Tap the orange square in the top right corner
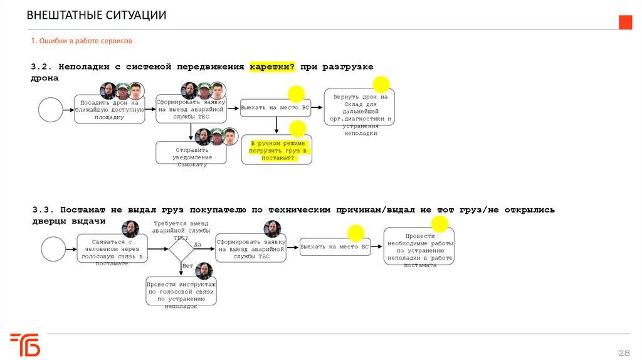[x=625, y=23]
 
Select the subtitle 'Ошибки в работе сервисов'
[x=82, y=41]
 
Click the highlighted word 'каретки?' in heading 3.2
[x=272, y=66]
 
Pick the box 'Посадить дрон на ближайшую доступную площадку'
[x=109, y=109]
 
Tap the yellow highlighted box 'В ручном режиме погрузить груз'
[x=277, y=151]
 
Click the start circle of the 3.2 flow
[x=51, y=109]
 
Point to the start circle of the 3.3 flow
[x=53, y=248]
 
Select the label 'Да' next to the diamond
[x=197, y=244]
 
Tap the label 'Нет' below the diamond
[x=187, y=265]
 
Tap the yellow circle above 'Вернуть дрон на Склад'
[x=381, y=85]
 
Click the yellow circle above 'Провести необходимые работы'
[x=440, y=224]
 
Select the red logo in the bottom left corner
[x=24, y=345]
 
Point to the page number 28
[x=624, y=352]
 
